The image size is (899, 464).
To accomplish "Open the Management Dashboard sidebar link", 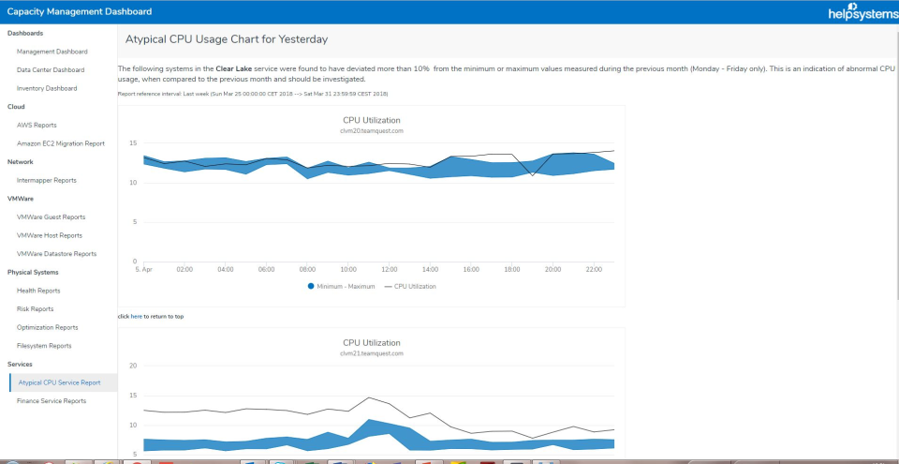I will pyautogui.click(x=52, y=52).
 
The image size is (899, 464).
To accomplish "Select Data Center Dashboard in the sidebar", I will pyautogui.click(x=51, y=70).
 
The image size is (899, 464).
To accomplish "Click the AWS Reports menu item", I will pyautogui.click(x=37, y=125).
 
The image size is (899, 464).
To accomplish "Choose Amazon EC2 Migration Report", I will pyautogui.click(x=60, y=143).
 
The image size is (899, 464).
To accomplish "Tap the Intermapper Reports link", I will pyautogui.click(x=46, y=180).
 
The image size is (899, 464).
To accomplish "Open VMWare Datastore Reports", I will pyautogui.click(x=56, y=254).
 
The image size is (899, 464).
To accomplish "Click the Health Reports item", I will pyautogui.click(x=38, y=291).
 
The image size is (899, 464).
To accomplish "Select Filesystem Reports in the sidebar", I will pyautogui.click(x=44, y=346).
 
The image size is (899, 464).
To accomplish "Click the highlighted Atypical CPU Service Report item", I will pyautogui.click(x=58, y=382).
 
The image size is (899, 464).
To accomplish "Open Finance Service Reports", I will pyautogui.click(x=51, y=401).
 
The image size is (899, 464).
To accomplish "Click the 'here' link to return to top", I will pyautogui.click(x=136, y=317).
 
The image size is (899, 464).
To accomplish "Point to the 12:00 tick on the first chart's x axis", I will pyautogui.click(x=390, y=269).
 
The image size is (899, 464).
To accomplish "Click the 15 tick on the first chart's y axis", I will pyautogui.click(x=133, y=142).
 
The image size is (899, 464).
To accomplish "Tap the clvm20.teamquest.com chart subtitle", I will pyautogui.click(x=371, y=131).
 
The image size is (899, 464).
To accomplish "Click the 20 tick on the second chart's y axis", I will pyautogui.click(x=133, y=366).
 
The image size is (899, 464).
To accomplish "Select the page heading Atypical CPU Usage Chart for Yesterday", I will pyautogui.click(x=226, y=39).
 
